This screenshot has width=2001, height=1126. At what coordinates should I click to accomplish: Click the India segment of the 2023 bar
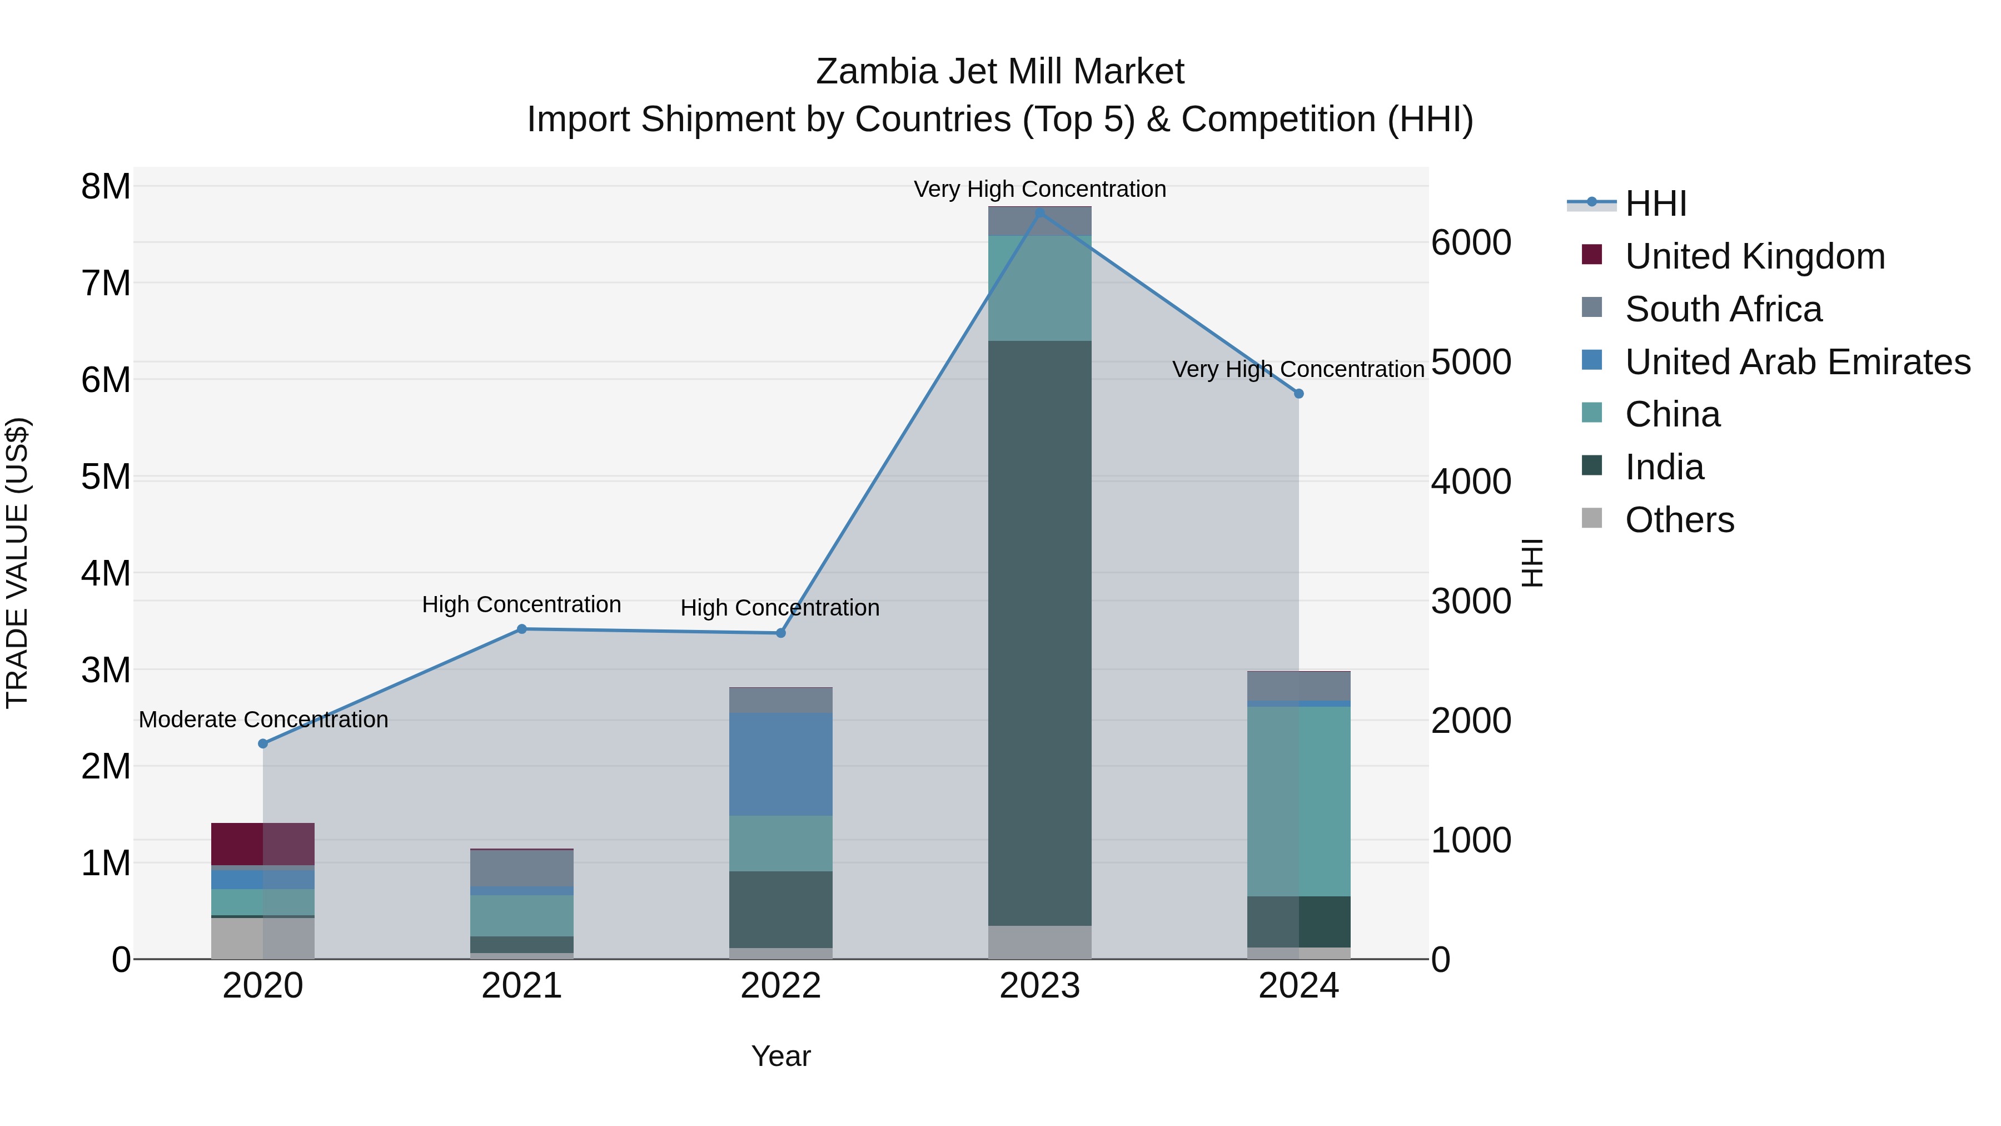(1039, 633)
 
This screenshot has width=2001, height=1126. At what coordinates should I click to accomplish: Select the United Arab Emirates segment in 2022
(781, 764)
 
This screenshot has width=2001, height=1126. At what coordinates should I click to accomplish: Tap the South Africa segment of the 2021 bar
(521, 868)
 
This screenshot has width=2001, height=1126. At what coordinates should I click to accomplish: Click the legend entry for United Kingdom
(1754, 256)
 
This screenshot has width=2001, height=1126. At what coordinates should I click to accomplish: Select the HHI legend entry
(1655, 204)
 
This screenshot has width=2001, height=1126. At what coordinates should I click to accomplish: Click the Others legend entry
(1679, 520)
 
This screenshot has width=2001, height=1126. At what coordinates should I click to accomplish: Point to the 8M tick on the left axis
(106, 186)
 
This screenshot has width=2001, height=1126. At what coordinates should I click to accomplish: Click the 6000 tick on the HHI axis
(1470, 242)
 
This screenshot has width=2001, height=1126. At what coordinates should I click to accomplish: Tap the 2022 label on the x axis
(781, 986)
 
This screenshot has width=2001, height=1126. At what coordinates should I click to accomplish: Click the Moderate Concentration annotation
(263, 720)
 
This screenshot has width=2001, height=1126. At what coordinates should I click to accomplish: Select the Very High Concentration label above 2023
(1039, 189)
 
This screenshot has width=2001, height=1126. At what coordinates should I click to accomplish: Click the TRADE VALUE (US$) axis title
(17, 563)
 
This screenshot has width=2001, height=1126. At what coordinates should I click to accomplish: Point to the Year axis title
(781, 1056)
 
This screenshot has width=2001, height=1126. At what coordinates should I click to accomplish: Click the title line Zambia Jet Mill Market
(1000, 72)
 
